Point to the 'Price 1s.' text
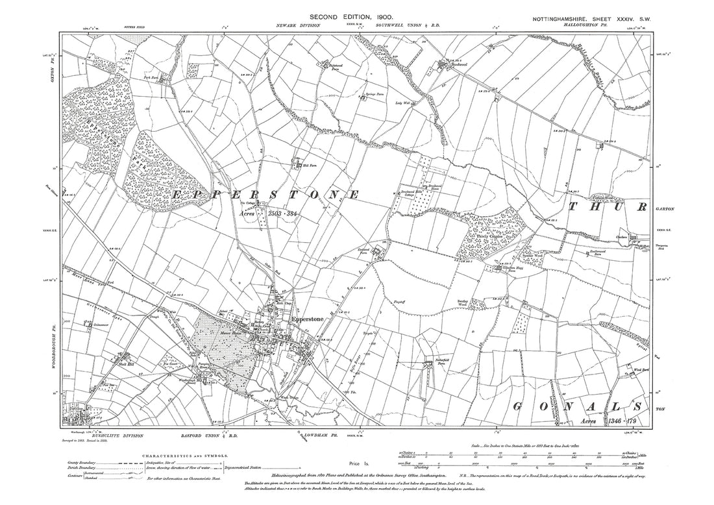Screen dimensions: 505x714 point(358,463)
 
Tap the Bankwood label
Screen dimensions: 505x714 point(456,64)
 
